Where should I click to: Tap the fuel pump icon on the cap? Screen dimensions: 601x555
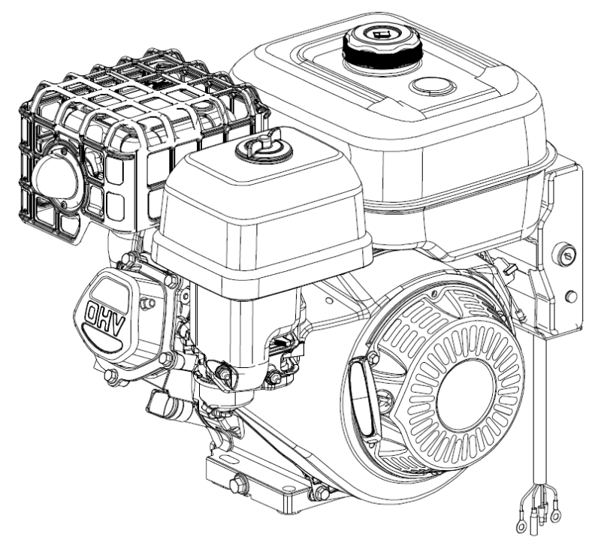(382, 35)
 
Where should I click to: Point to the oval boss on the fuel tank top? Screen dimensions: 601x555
(433, 86)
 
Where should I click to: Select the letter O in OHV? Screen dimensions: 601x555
(92, 313)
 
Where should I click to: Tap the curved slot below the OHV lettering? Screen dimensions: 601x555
(102, 340)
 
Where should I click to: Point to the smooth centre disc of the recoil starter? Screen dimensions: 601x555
(465, 396)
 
